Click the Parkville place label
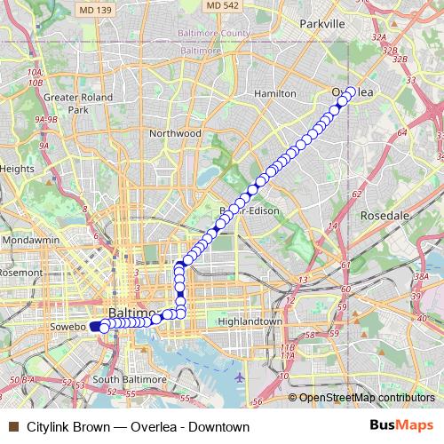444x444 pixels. coord(321,24)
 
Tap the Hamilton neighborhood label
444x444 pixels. coord(274,92)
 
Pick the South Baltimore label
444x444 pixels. coord(130,379)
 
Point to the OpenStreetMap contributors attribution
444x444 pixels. coord(366,398)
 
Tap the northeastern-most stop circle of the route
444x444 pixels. coord(350,91)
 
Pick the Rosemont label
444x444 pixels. coord(20,274)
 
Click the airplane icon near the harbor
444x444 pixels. coord(240,377)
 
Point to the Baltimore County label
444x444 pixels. coord(210,33)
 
